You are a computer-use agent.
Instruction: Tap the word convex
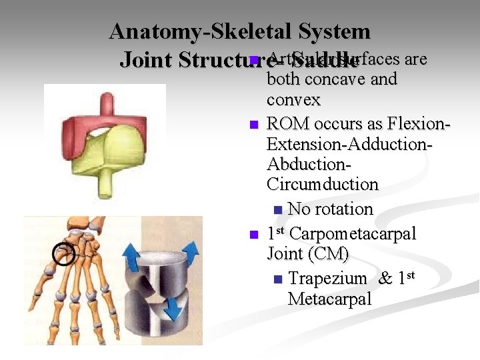pos(293,100)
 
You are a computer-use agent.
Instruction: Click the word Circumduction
pos(322,184)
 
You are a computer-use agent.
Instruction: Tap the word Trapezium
pos(327,279)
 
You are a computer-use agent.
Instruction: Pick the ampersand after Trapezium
pos(385,279)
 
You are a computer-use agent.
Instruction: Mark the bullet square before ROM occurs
pos(253,125)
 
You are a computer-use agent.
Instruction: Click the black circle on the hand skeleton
pos(65,253)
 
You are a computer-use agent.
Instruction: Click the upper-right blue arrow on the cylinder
pos(190,253)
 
